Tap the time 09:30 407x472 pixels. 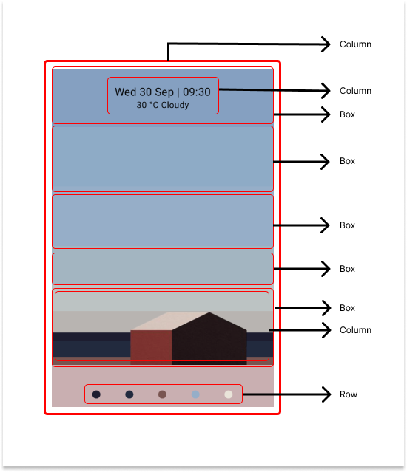click(x=197, y=92)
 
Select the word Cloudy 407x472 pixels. click(x=175, y=106)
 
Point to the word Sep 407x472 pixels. click(x=164, y=92)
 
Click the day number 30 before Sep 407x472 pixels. click(x=145, y=92)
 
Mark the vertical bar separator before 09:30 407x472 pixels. click(x=178, y=92)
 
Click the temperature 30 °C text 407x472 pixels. click(x=147, y=105)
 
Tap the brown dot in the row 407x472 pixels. click(x=162, y=394)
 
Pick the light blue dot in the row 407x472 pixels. click(x=195, y=394)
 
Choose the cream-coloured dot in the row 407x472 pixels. click(x=229, y=394)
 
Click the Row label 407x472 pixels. click(x=349, y=394)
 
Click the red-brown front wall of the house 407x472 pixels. click(x=151, y=347)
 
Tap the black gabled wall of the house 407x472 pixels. click(x=209, y=341)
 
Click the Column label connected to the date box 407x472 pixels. click(x=355, y=91)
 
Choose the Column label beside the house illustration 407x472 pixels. click(x=355, y=330)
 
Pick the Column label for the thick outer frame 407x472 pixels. click(x=355, y=44)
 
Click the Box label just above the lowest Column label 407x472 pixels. click(x=347, y=308)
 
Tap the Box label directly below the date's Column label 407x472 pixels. click(x=347, y=114)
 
